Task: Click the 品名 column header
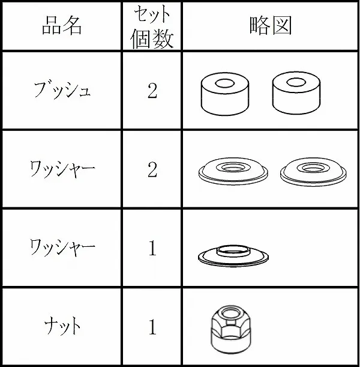tap(62, 26)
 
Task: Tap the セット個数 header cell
tap(152, 26)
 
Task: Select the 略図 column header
tap(271, 25)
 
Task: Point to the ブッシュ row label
tap(62, 90)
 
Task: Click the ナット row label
tap(62, 326)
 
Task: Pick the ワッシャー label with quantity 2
tap(62, 169)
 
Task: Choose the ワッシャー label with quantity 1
tap(62, 247)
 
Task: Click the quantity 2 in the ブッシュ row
tap(152, 91)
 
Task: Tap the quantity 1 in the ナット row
tap(152, 327)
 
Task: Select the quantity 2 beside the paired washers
tap(152, 169)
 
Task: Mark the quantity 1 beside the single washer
tap(152, 248)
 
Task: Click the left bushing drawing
tap(225, 94)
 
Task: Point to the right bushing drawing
tap(296, 93)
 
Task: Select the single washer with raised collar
tap(233, 256)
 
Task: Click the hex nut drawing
tap(231, 330)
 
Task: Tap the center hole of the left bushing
tap(225, 83)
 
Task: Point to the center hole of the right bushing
tap(296, 82)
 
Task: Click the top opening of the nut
tap(231, 313)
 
